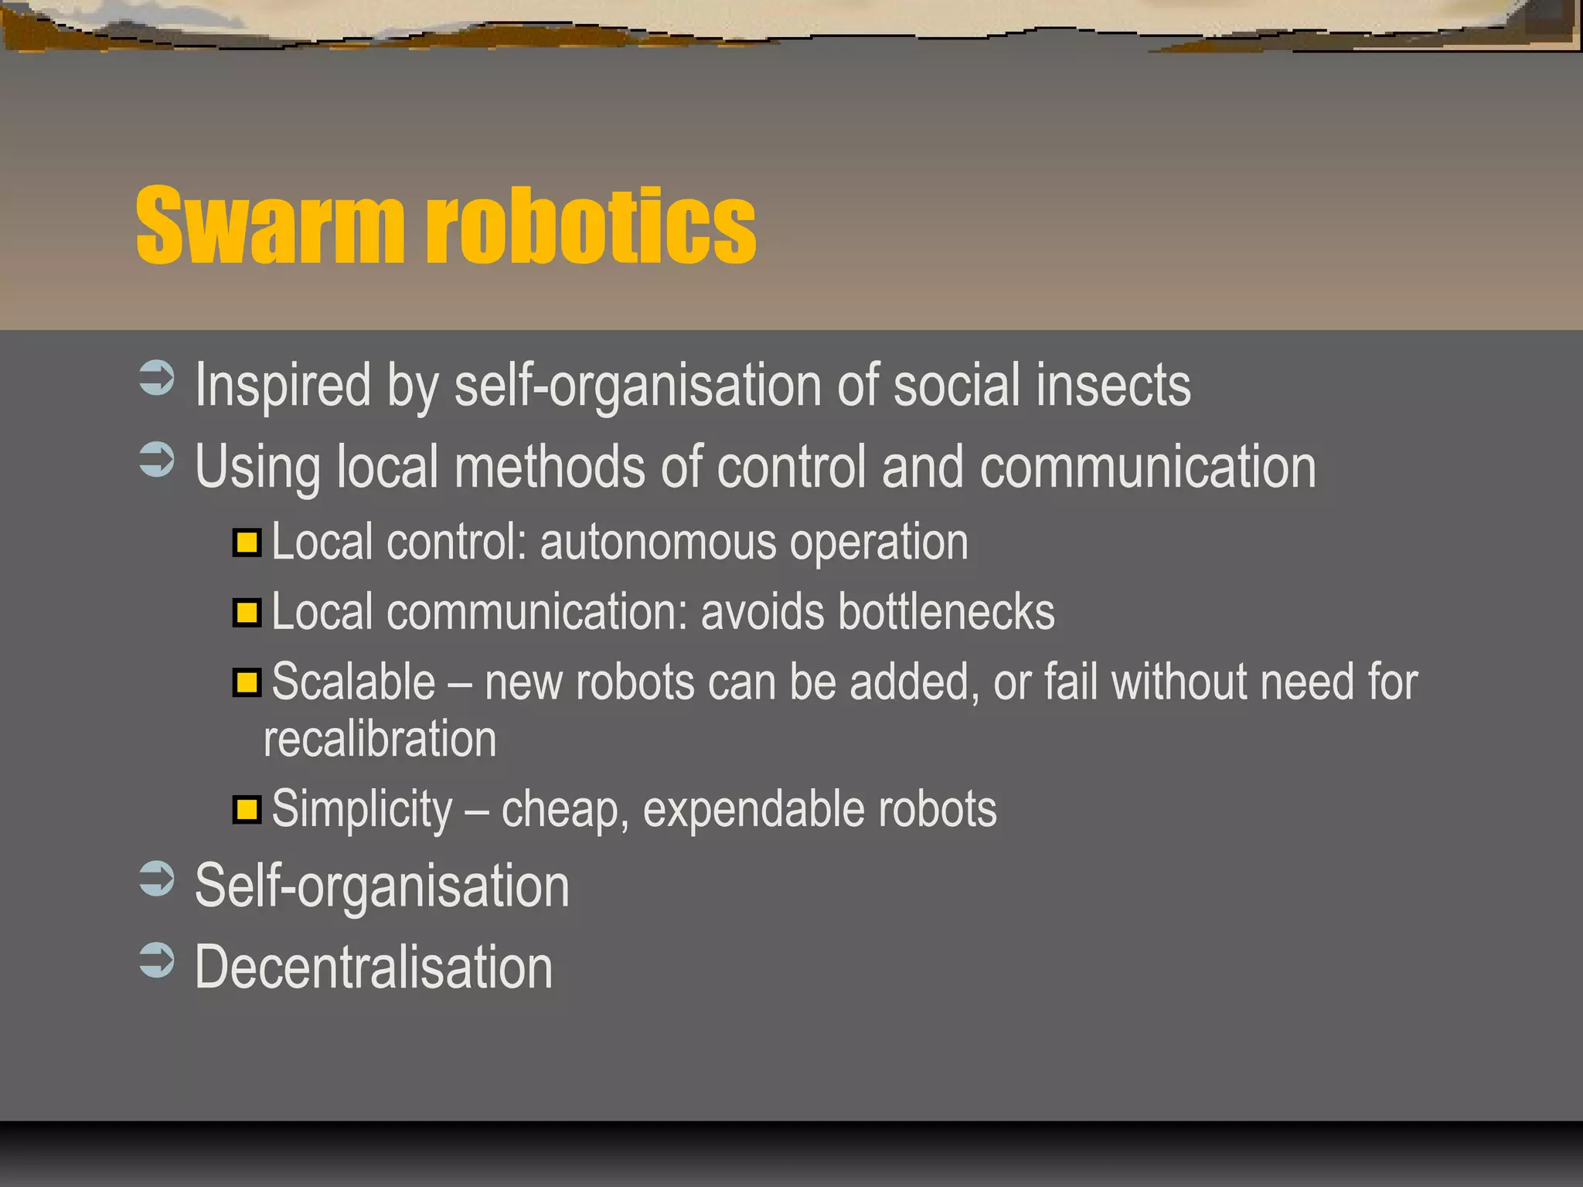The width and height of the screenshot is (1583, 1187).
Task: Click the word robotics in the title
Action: point(591,226)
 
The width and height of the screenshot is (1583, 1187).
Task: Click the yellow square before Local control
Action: point(247,542)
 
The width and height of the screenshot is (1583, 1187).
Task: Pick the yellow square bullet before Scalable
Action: point(247,683)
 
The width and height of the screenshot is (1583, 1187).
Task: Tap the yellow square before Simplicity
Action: point(247,810)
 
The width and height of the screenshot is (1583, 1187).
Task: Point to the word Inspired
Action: point(283,385)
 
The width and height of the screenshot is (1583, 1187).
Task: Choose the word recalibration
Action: point(380,740)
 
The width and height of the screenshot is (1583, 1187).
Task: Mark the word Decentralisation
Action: point(374,968)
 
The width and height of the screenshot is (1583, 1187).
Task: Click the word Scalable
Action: point(354,682)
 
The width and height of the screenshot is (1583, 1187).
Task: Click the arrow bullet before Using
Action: point(157,461)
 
